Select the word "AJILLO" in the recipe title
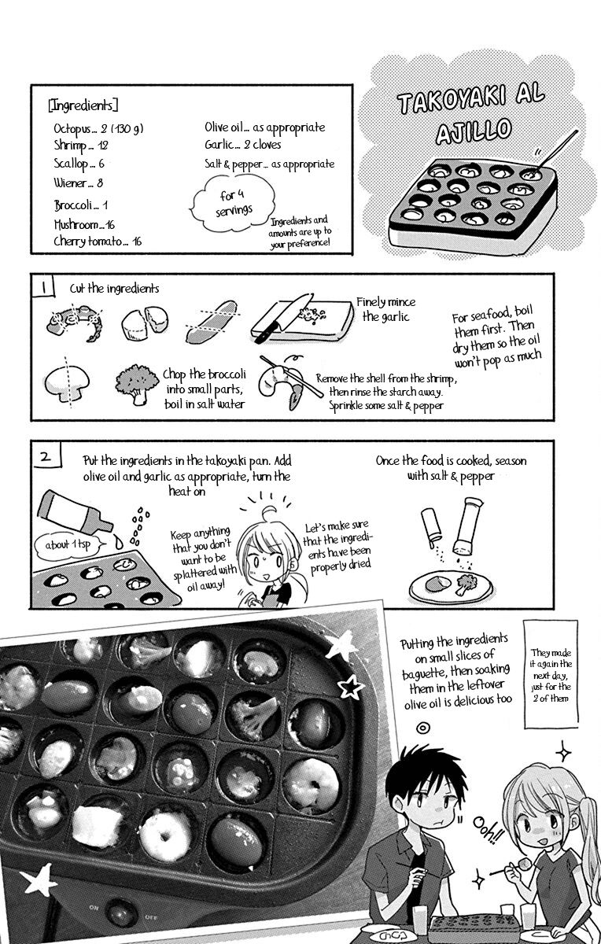pos(474,131)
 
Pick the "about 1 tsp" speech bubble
pos(68,545)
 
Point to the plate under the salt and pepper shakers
pos(451,587)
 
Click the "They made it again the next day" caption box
pos(551,673)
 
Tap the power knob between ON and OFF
pos(121,913)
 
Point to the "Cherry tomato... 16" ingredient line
pos(98,242)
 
